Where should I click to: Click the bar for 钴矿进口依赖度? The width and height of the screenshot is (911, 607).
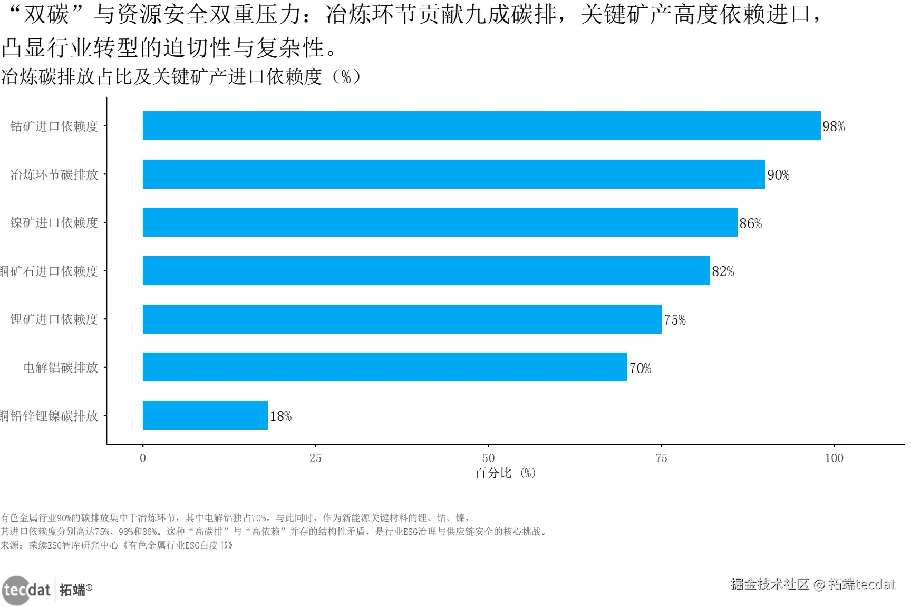(x=481, y=126)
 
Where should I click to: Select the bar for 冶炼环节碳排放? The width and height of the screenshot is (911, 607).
(x=453, y=174)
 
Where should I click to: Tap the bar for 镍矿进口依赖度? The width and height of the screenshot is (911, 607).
(x=440, y=222)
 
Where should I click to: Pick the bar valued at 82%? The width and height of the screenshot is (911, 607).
(x=426, y=271)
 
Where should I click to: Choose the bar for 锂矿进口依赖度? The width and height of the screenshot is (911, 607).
(x=402, y=319)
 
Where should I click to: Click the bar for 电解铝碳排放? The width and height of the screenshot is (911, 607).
(x=385, y=367)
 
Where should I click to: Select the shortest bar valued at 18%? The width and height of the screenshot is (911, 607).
(x=205, y=416)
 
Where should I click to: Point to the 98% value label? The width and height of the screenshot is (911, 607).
(x=834, y=126)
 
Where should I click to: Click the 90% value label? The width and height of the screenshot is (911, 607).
(x=778, y=175)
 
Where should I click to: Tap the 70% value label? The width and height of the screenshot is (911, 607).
(x=640, y=368)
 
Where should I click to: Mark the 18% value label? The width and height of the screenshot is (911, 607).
(x=280, y=416)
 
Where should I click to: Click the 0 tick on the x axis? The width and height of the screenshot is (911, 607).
(x=143, y=458)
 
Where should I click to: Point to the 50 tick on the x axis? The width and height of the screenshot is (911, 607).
(x=488, y=458)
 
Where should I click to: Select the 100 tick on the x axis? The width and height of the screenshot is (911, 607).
(x=834, y=458)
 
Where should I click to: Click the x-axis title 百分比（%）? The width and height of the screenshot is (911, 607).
(x=505, y=473)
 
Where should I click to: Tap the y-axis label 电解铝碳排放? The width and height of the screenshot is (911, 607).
(x=61, y=367)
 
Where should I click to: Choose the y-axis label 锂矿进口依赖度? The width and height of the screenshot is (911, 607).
(x=54, y=319)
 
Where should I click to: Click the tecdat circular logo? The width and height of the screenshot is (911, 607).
(x=16, y=590)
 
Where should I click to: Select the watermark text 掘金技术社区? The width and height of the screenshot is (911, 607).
(x=770, y=584)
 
